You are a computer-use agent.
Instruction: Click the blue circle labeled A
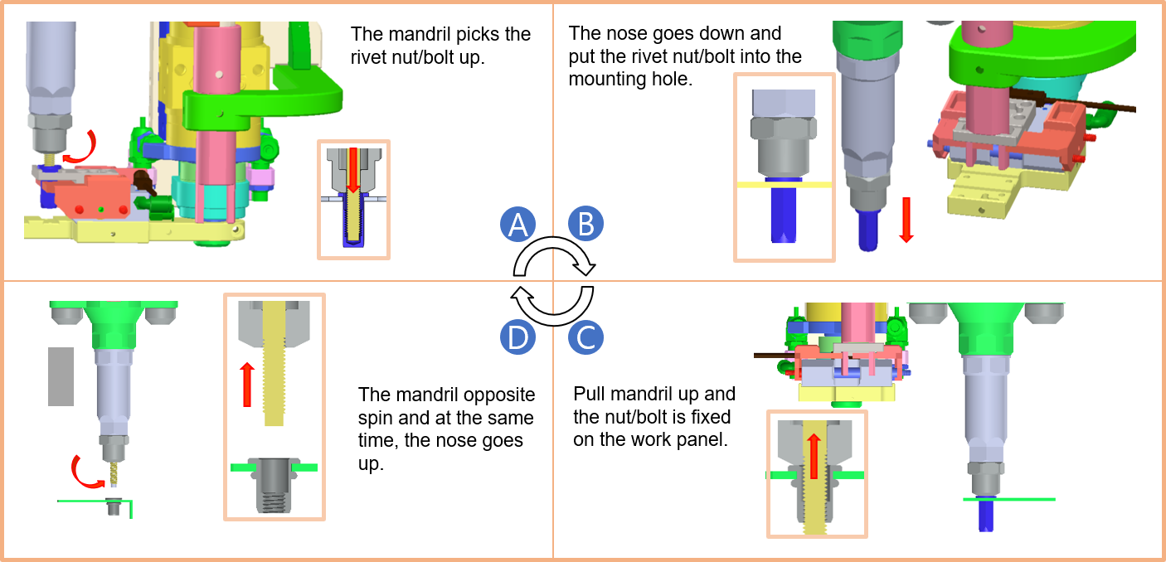pyautogui.click(x=518, y=224)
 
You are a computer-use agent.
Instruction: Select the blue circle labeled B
pyautogui.click(x=585, y=224)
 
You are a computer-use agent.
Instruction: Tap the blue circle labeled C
pyautogui.click(x=585, y=337)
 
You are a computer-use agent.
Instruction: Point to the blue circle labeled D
pyautogui.click(x=518, y=337)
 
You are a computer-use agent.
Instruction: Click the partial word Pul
pyautogui.click(x=586, y=394)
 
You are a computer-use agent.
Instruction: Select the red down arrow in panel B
pyautogui.click(x=906, y=220)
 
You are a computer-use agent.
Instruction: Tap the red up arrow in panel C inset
pyautogui.click(x=814, y=456)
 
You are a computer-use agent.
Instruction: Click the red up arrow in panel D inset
pyautogui.click(x=246, y=385)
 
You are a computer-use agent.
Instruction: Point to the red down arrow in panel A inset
pyautogui.click(x=353, y=169)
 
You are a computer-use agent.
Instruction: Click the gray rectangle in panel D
pyautogui.click(x=61, y=376)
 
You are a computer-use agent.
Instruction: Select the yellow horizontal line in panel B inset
pyautogui.click(x=784, y=183)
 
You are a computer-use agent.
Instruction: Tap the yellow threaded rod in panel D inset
pyautogui.click(x=274, y=365)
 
